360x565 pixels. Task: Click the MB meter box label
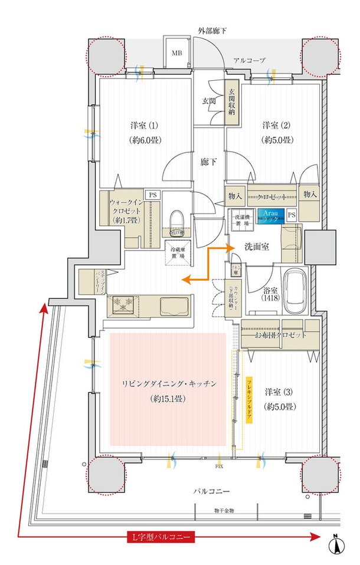point(176,53)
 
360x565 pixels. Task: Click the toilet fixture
point(176,222)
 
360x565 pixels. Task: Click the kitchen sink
point(174,306)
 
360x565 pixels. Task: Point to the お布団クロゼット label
point(281,335)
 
